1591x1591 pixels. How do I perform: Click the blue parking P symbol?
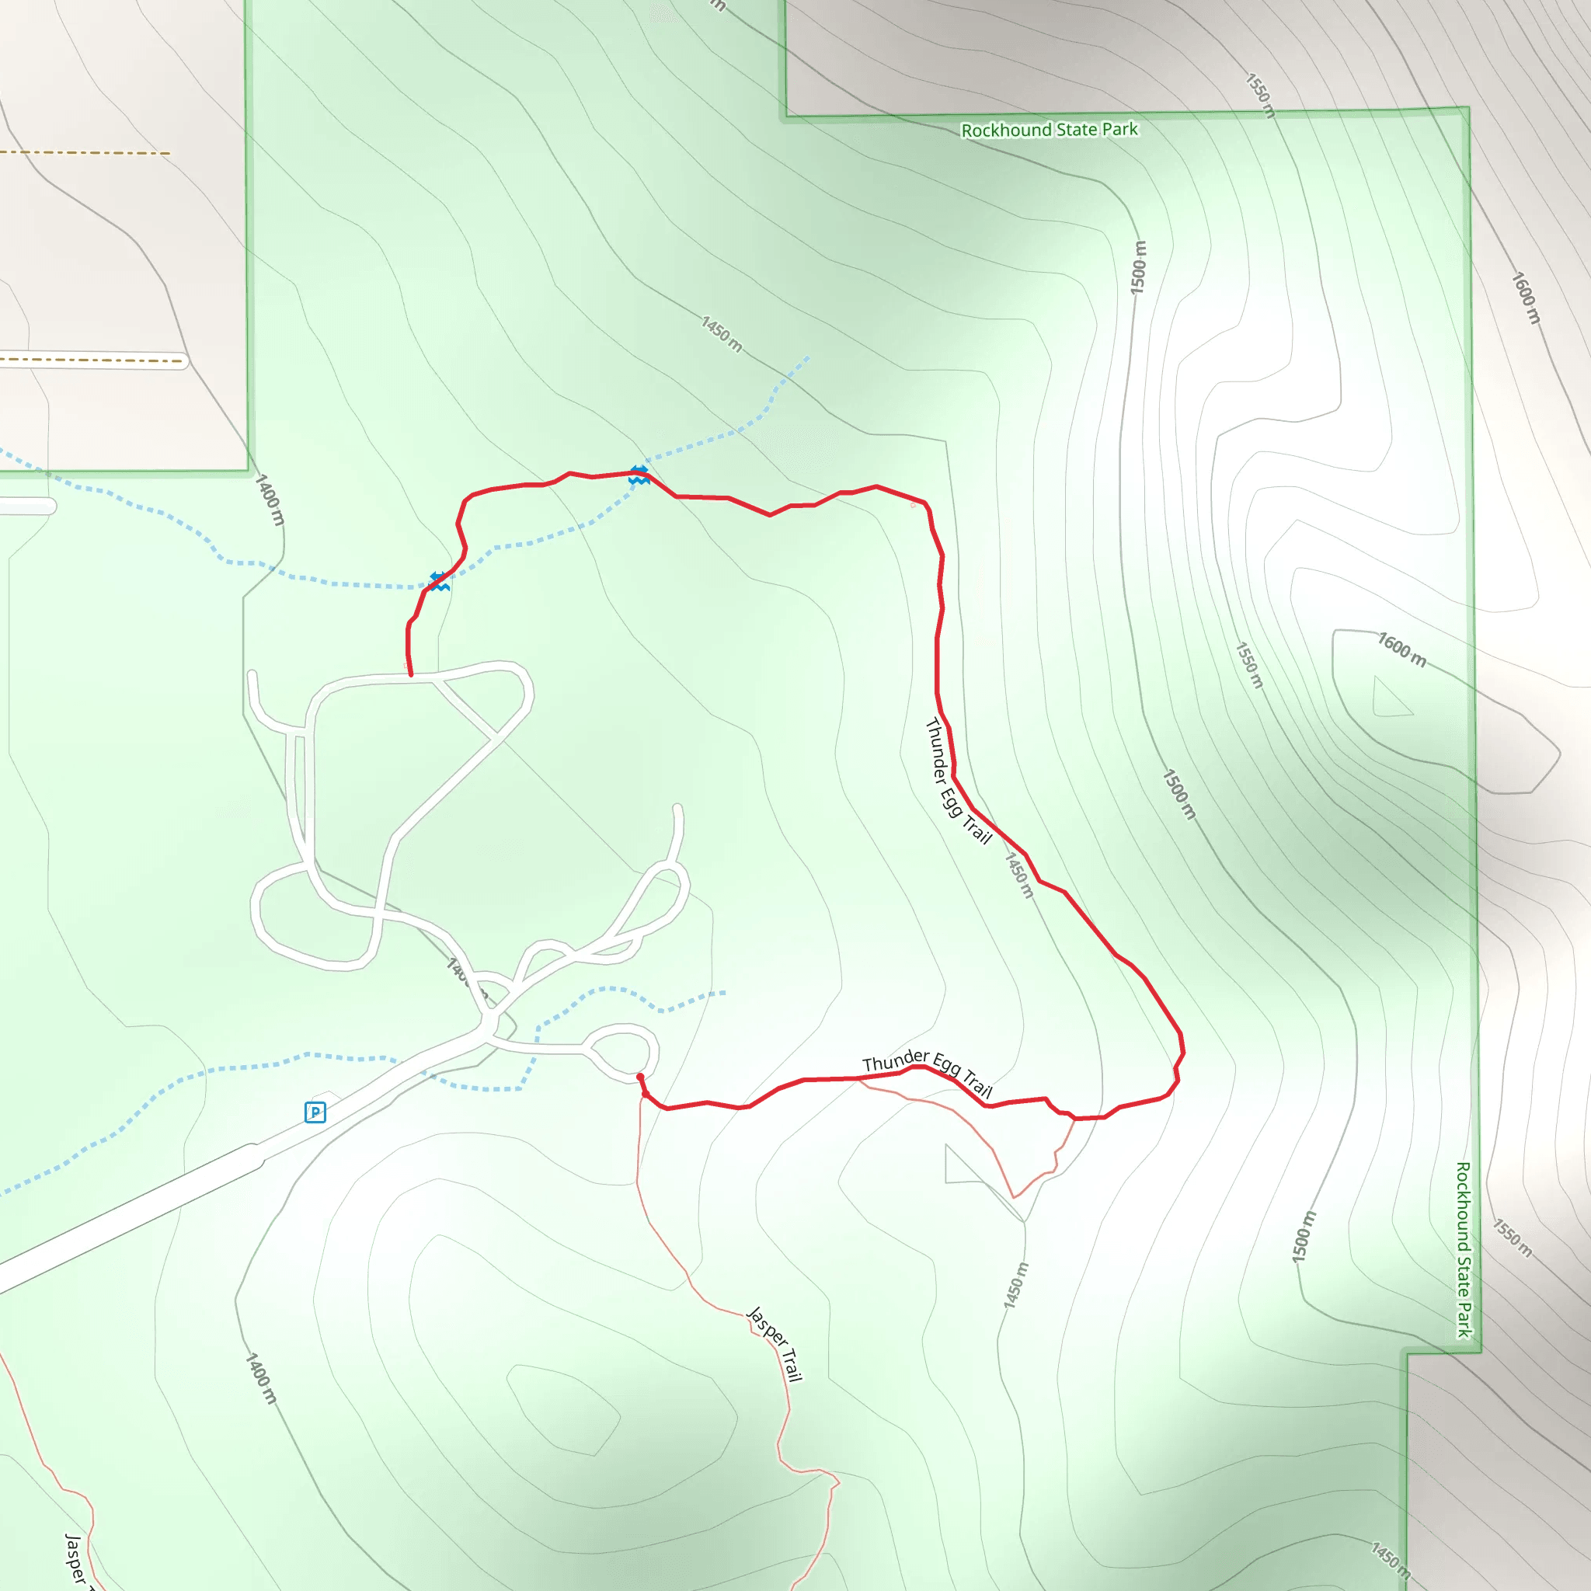click(x=315, y=1112)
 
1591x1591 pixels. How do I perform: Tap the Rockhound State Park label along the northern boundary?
click(x=1049, y=130)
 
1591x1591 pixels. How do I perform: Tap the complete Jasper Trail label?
click(x=774, y=1343)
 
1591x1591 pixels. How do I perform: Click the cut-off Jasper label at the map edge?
click(x=76, y=1561)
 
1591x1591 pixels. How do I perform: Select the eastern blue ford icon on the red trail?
click(x=639, y=475)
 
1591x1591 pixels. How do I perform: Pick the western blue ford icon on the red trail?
click(x=440, y=581)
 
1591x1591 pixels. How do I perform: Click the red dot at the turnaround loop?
click(x=640, y=1076)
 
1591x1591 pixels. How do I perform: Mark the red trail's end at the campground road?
click(x=411, y=674)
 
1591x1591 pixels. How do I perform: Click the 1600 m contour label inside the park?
click(x=1401, y=649)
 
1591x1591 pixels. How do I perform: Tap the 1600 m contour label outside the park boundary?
click(x=1525, y=298)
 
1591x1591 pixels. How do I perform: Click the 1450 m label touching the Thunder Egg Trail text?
click(x=1018, y=875)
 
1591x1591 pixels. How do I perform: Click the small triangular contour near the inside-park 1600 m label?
click(x=1390, y=698)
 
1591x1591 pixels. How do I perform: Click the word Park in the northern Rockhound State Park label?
click(x=1121, y=129)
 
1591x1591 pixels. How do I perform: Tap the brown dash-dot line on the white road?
click(x=91, y=360)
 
